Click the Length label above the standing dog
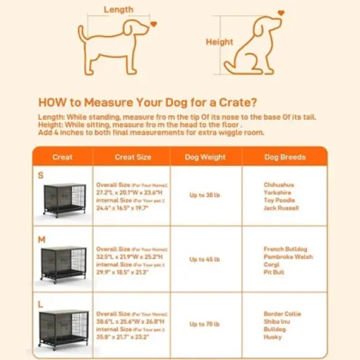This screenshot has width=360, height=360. [x=118, y=10]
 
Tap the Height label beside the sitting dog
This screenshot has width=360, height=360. [x=219, y=42]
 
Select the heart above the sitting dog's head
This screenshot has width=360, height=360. [x=281, y=12]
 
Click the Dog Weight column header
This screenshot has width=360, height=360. [x=206, y=157]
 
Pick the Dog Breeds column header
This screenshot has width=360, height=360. [x=284, y=157]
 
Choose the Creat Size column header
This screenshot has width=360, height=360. [x=133, y=157]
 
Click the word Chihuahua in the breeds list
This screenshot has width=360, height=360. [x=279, y=185]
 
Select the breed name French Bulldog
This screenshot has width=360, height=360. [x=284, y=249]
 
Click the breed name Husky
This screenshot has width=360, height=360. [x=272, y=337]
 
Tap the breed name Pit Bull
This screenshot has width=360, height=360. [x=274, y=272]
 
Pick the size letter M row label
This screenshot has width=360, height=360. [x=41, y=240]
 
